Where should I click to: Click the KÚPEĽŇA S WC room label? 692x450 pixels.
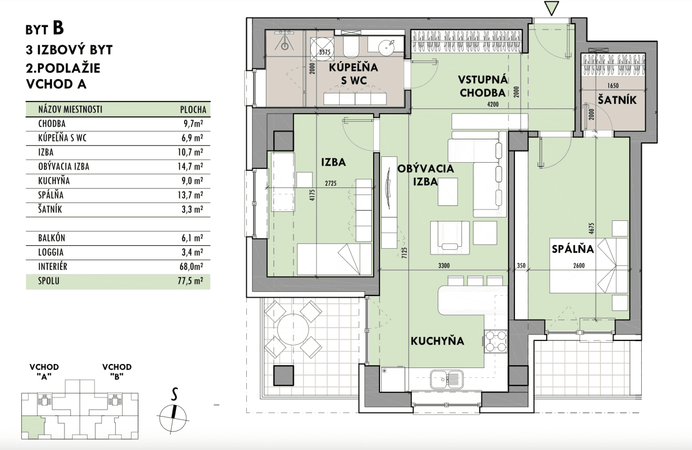coord(353,74)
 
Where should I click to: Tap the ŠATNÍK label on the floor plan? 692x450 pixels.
coord(617,100)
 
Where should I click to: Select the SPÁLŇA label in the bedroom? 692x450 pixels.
coord(573,249)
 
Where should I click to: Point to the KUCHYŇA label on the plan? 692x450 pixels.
coord(437,341)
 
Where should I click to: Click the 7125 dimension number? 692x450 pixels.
coord(405,253)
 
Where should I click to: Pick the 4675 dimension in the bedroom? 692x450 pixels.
coord(592,228)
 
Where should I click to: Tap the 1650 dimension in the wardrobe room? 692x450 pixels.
coord(613,85)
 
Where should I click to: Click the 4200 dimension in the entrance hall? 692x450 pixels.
coord(492,104)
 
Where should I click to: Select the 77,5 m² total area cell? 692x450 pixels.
coord(190,281)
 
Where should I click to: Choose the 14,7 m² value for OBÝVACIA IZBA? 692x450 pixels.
coord(190,167)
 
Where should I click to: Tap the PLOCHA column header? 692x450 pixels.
coord(193,110)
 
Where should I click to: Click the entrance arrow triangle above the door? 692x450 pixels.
coord(551,8)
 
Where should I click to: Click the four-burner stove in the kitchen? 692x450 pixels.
coord(495,341)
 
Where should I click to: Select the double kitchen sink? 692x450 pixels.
coord(447,380)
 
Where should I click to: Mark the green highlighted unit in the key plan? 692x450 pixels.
coord(32,426)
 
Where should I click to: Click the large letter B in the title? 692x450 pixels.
coord(58,28)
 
